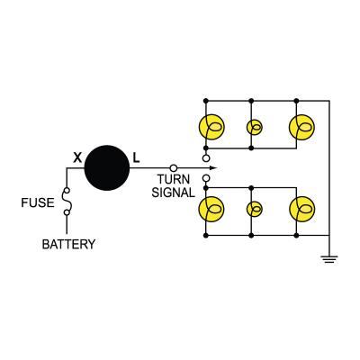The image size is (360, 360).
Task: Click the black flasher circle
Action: tap(108, 168)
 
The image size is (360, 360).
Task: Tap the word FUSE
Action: tap(38, 203)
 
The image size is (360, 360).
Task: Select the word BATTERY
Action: tap(68, 244)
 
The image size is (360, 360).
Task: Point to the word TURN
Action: tap(172, 180)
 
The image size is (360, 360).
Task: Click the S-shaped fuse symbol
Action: tap(66, 202)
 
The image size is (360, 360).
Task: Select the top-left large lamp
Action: tap(211, 127)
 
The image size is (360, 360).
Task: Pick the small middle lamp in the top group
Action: tap(255, 127)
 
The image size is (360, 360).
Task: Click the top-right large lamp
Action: tap(301, 127)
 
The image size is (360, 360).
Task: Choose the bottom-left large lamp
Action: tap(211, 210)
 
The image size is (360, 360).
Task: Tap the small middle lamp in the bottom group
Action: tap(255, 210)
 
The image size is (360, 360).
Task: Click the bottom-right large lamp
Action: tap(301, 210)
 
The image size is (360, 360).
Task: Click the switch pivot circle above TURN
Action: tap(173, 168)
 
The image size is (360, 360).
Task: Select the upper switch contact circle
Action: tap(206, 158)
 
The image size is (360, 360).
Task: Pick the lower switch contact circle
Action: tap(206, 178)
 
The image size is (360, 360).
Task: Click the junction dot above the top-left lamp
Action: tap(206, 98)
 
